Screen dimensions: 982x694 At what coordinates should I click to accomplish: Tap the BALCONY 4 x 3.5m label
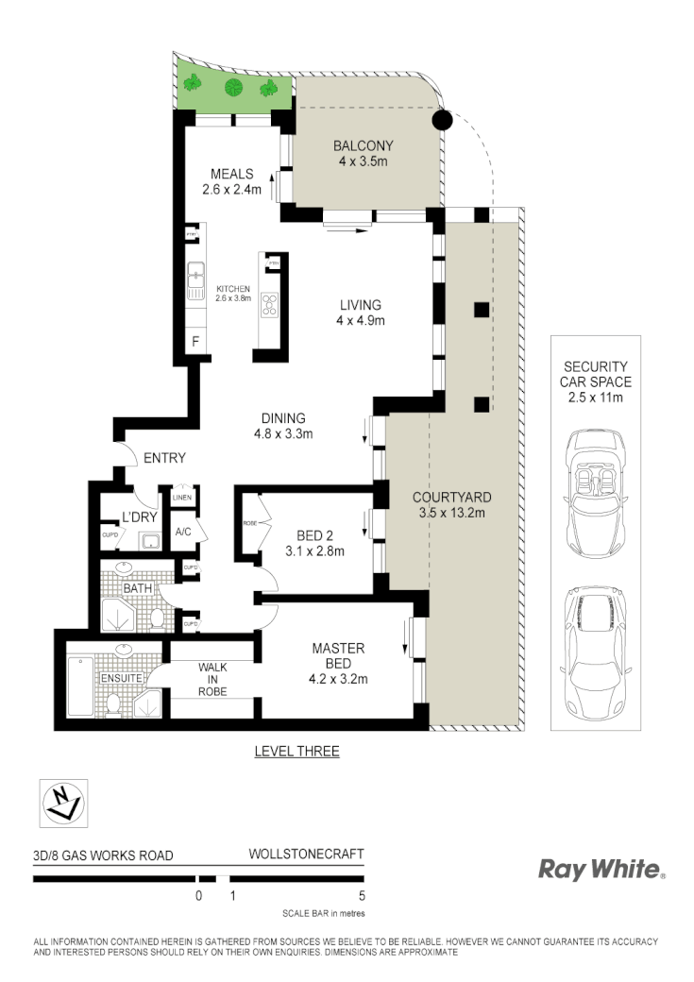pyautogui.click(x=363, y=153)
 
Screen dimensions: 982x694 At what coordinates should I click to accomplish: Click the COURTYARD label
pyautogui.click(x=452, y=504)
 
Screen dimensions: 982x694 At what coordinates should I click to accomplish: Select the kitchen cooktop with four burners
pyautogui.click(x=270, y=304)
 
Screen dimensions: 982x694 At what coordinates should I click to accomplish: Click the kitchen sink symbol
pyautogui.click(x=196, y=275)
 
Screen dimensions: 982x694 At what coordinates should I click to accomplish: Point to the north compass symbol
pyautogui.click(x=62, y=804)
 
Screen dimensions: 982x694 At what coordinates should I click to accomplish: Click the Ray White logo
pyautogui.click(x=601, y=869)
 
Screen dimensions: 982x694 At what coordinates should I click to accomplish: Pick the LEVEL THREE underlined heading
pyautogui.click(x=296, y=752)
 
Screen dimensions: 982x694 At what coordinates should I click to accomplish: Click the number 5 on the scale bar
pyautogui.click(x=362, y=895)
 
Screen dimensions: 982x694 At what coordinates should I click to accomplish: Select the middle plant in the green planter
pyautogui.click(x=232, y=89)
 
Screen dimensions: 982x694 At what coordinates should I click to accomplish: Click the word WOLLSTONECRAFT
pyautogui.click(x=305, y=854)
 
